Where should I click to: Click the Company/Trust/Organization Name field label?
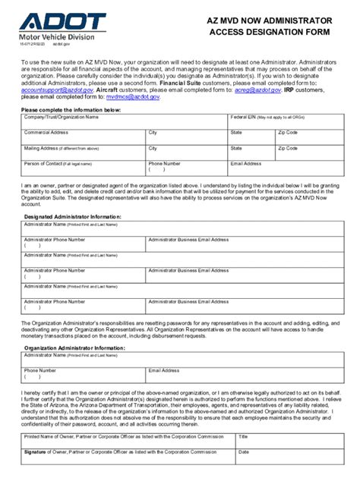click(x=62, y=118)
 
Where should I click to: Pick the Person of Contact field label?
click(x=47, y=163)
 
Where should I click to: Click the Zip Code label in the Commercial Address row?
click(x=288, y=132)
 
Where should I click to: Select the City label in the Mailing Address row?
click(x=153, y=149)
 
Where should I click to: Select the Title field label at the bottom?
click(x=243, y=437)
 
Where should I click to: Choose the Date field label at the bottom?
click(x=243, y=451)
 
